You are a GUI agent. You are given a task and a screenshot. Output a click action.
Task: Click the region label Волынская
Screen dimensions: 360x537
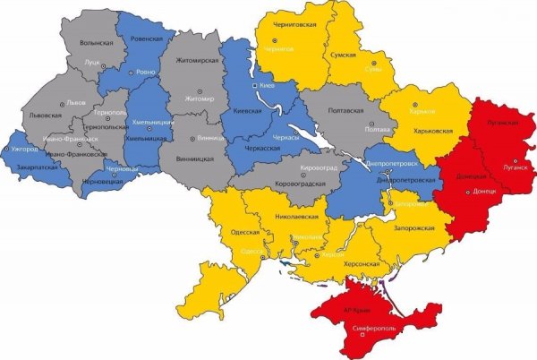[96, 42]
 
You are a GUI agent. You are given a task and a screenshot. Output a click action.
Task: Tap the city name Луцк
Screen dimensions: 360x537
[91, 63]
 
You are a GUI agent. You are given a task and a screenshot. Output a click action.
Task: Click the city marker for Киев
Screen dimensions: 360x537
[255, 85]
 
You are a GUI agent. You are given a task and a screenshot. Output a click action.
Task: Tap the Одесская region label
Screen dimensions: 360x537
[245, 231]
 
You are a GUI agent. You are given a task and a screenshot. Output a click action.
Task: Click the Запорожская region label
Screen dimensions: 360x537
[414, 228]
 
